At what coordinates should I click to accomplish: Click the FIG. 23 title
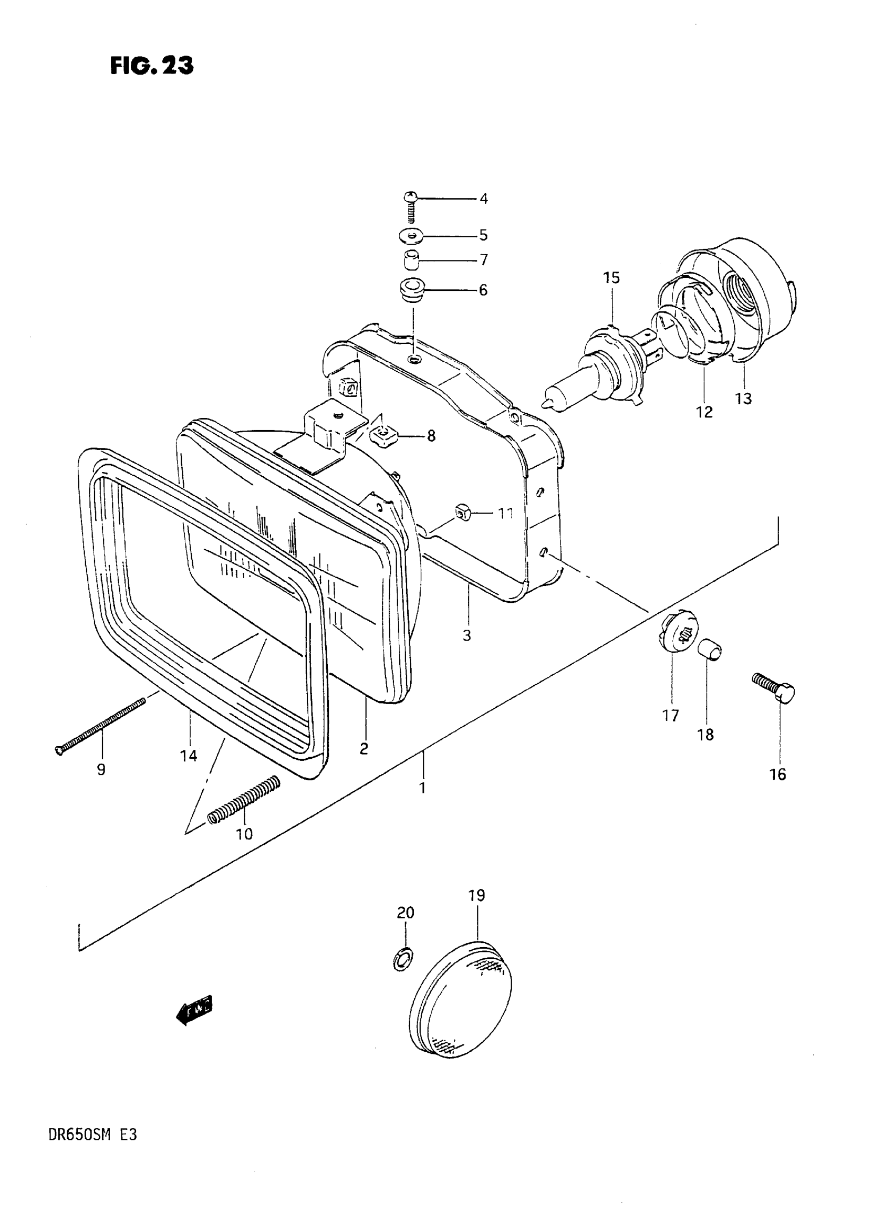(152, 66)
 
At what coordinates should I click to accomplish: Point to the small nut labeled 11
(463, 511)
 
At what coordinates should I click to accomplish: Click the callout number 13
(743, 399)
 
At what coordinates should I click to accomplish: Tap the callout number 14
(189, 756)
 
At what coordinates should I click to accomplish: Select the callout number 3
(467, 635)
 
